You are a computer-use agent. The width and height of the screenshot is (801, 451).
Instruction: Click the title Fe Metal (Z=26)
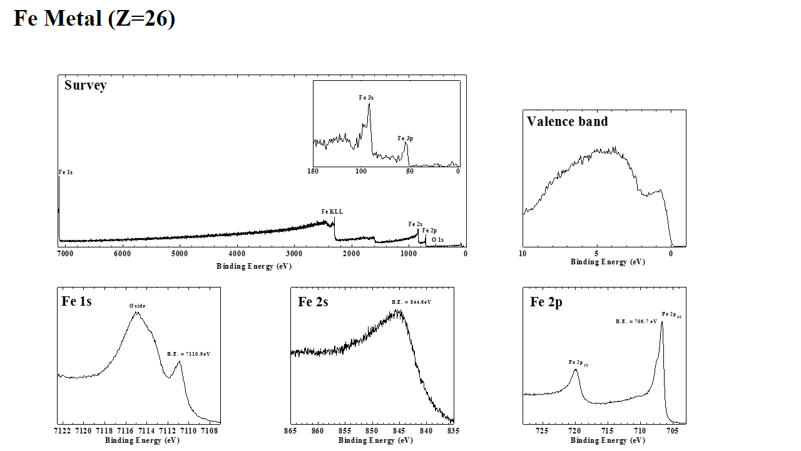pyautogui.click(x=94, y=19)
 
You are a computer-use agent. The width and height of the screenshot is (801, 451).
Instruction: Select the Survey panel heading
pyautogui.click(x=85, y=85)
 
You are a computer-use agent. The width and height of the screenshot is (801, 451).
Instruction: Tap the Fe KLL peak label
pyautogui.click(x=332, y=212)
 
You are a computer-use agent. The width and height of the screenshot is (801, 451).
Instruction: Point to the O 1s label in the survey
pyautogui.click(x=437, y=240)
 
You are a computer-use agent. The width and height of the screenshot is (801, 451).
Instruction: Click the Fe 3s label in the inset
pyautogui.click(x=366, y=98)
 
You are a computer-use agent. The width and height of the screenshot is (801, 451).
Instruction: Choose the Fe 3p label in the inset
pyautogui.click(x=405, y=138)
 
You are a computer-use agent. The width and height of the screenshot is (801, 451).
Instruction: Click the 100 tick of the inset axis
pyautogui.click(x=360, y=171)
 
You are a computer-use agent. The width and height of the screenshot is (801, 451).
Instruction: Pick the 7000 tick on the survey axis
pyautogui.click(x=64, y=254)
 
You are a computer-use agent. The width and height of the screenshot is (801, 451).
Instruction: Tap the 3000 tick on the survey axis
pyautogui.click(x=293, y=254)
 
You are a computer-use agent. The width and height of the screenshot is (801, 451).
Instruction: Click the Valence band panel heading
pyautogui.click(x=567, y=122)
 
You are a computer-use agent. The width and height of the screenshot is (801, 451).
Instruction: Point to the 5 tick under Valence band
pyautogui.click(x=596, y=254)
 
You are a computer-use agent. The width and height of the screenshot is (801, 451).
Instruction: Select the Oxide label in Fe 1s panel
pyautogui.click(x=137, y=306)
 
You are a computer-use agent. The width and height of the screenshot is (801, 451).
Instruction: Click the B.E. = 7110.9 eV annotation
pyautogui.click(x=188, y=354)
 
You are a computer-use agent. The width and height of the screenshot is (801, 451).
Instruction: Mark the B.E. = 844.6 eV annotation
pyautogui.click(x=411, y=302)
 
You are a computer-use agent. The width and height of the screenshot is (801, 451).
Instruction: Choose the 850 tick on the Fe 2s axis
pyautogui.click(x=372, y=431)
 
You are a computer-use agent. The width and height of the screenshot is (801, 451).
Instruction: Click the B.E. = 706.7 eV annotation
pyautogui.click(x=636, y=321)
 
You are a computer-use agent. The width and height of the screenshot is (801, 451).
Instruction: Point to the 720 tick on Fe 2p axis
pyautogui.click(x=574, y=431)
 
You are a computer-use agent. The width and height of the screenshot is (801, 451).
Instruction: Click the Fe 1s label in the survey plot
pyautogui.click(x=65, y=172)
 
